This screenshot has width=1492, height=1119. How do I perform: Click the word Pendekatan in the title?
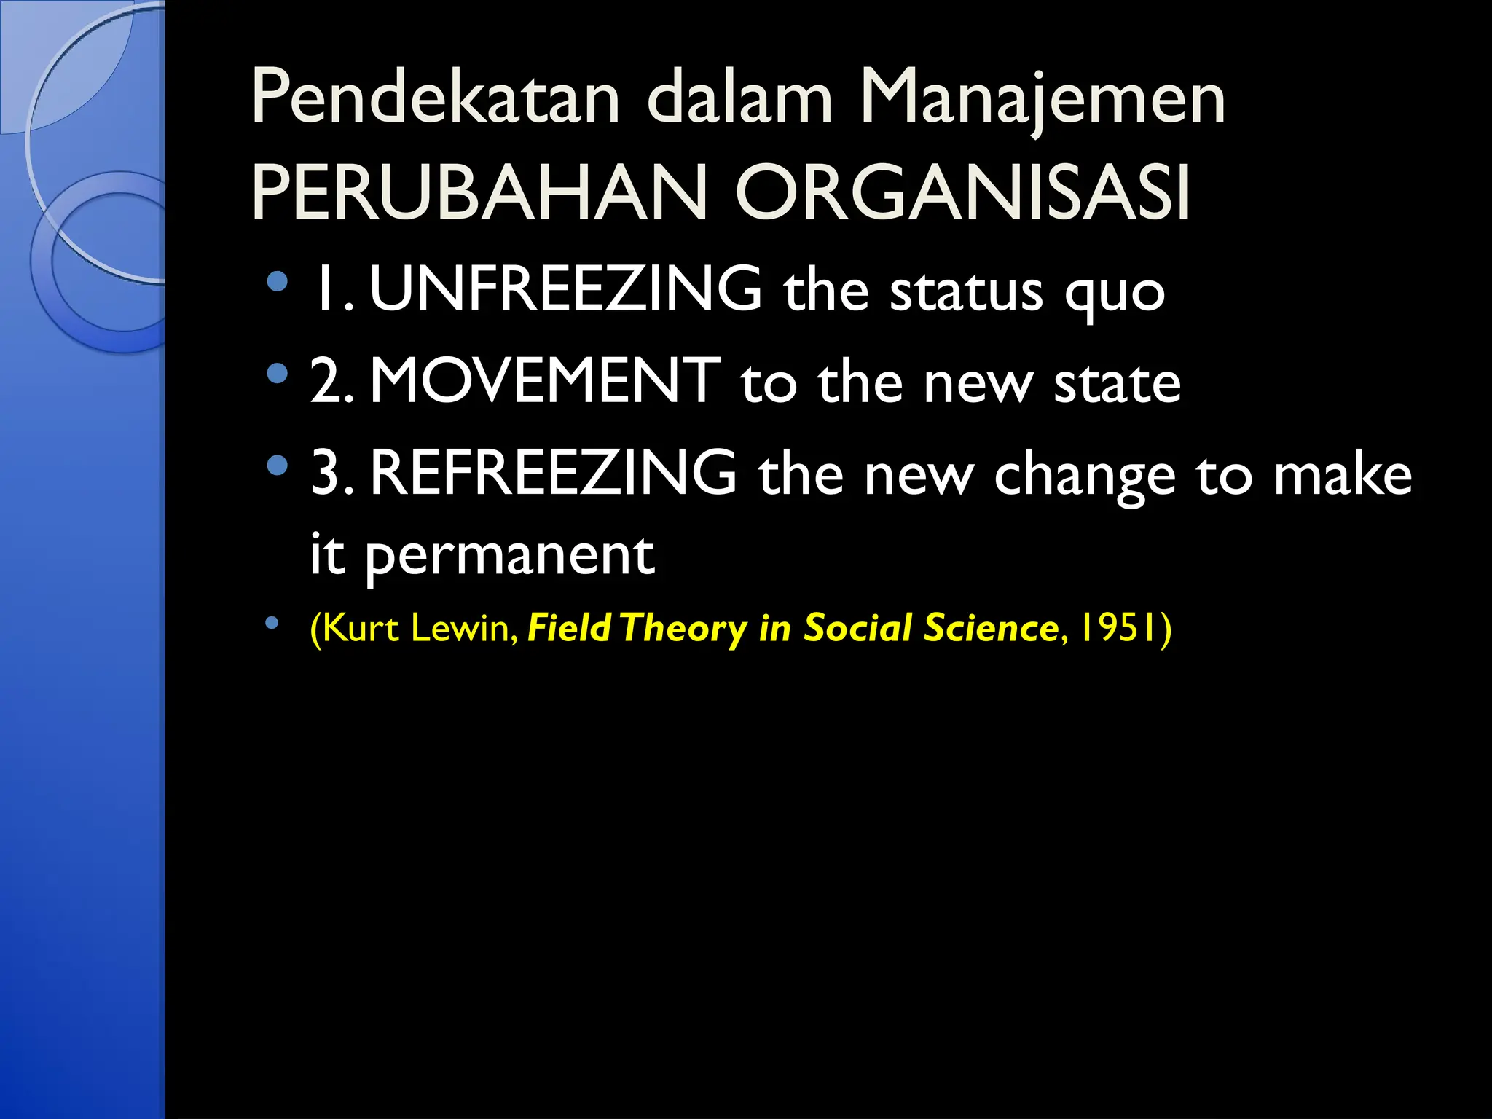(x=435, y=99)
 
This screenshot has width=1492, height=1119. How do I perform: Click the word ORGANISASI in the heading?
(x=963, y=193)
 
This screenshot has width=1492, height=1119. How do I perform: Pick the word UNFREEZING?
(x=566, y=289)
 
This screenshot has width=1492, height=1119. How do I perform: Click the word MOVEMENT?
(x=545, y=381)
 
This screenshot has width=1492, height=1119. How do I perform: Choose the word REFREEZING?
(x=554, y=474)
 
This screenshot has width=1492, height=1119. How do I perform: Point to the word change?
(x=1085, y=477)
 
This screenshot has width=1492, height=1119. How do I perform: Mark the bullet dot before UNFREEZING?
(x=277, y=282)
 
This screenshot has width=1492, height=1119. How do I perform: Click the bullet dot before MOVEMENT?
(x=277, y=374)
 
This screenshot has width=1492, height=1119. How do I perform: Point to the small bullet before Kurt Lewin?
(x=272, y=623)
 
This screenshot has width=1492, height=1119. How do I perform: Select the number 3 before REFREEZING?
(x=325, y=474)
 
